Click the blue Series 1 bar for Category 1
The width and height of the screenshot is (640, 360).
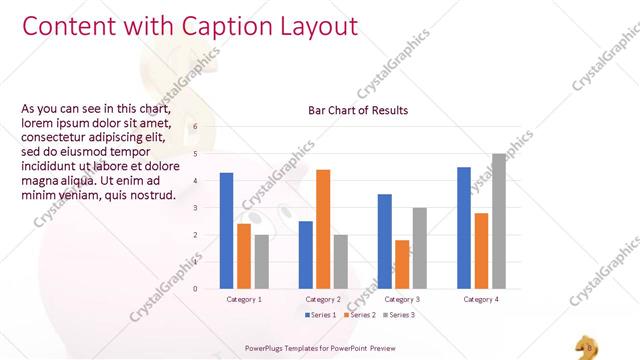(x=227, y=231)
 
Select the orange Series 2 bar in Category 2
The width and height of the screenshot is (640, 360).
(x=323, y=229)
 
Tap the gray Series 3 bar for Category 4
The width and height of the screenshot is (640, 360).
(x=498, y=221)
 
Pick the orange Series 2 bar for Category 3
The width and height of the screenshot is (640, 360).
(x=402, y=264)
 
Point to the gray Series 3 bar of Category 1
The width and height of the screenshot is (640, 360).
(x=261, y=262)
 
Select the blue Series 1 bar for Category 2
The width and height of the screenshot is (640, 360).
(x=306, y=255)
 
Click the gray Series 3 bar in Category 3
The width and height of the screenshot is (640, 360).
(x=419, y=248)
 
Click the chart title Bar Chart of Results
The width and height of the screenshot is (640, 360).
(x=358, y=110)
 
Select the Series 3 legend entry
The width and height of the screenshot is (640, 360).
(x=398, y=315)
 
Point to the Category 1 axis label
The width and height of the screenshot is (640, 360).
(x=244, y=299)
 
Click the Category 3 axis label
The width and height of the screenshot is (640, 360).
(x=402, y=299)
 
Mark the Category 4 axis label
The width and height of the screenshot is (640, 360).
(x=481, y=299)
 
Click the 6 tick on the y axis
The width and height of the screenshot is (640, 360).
(x=195, y=127)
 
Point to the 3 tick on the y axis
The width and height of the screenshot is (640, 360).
(x=195, y=208)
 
